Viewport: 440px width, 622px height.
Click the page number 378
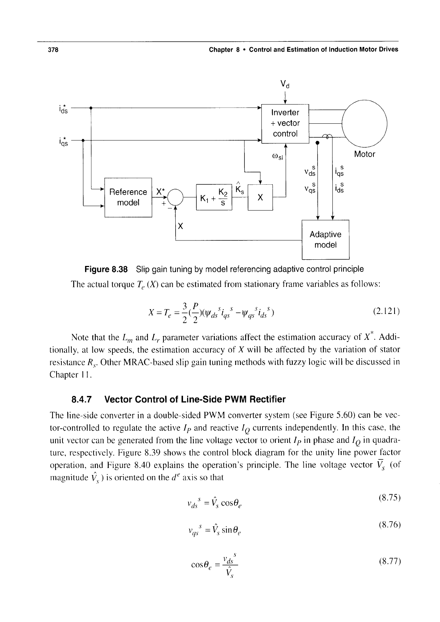coord(53,50)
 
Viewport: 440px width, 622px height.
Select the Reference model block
coord(128,198)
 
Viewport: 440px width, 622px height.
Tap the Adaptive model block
coord(325,240)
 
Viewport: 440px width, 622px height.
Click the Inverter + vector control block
coord(285,124)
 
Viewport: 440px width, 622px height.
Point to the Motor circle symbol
coord(365,124)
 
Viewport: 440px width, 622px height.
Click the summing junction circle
coord(176,198)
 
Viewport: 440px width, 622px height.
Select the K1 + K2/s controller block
coord(214,197)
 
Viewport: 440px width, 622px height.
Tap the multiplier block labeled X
coord(260,198)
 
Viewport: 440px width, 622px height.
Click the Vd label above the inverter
coord(285,84)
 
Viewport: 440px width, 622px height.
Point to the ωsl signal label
coord(277,157)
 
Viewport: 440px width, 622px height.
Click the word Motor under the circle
coord(365,154)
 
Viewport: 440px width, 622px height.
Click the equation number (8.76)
coord(389,525)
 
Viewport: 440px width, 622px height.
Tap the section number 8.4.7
coord(81,400)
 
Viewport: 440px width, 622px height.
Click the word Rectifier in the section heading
coord(267,399)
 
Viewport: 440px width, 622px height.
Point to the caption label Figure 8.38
coord(106,269)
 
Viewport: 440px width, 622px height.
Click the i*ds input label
coord(63,109)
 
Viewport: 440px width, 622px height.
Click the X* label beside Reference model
coord(160,192)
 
